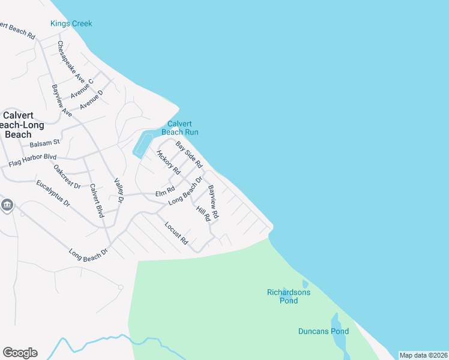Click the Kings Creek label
point(71,24)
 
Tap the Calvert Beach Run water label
point(179,128)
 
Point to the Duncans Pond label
point(324,331)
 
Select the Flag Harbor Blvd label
point(32,160)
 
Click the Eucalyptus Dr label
point(53,193)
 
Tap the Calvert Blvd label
point(96,200)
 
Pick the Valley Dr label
point(118,190)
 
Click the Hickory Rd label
point(169,162)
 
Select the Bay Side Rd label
point(189,154)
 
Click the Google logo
point(20,353)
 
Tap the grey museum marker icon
point(7,205)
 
